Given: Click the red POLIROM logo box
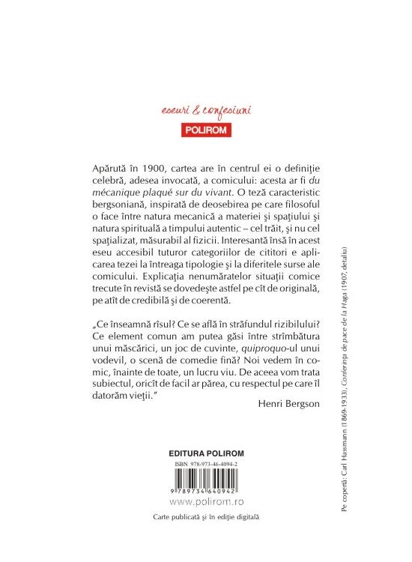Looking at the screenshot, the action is point(205,128).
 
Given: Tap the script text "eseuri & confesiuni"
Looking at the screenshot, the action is point(205,111).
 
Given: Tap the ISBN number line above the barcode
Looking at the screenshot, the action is point(204,465).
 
